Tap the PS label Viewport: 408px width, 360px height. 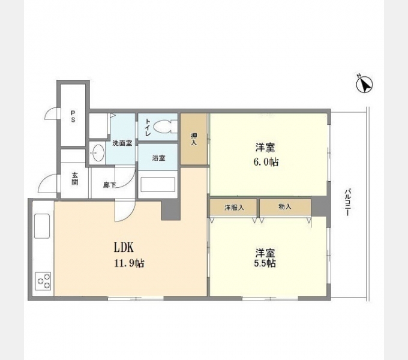pos(73,116)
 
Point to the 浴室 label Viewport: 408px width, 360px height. pos(158,158)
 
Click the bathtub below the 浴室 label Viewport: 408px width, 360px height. pos(158,184)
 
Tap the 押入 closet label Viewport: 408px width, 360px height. pos(194,139)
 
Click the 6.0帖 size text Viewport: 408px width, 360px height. pos(266,162)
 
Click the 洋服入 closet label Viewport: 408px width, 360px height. pos(234,207)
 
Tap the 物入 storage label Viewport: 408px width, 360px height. pos(285,207)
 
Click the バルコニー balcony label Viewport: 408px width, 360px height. pos(347,204)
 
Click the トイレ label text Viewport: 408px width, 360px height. pos(147,127)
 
